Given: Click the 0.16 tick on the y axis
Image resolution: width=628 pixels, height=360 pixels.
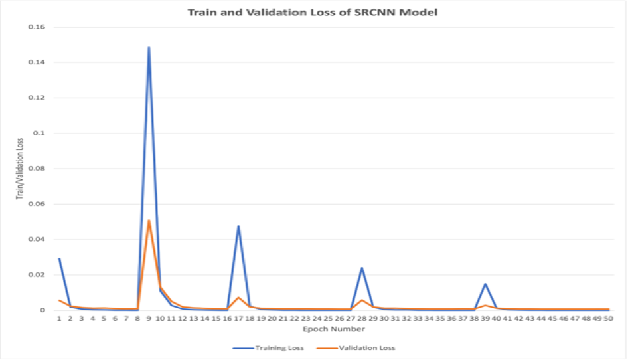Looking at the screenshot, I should [36, 27].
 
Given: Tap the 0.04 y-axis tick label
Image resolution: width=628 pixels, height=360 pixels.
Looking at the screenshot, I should [36, 239].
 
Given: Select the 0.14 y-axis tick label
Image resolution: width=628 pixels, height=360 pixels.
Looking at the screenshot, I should [36, 62].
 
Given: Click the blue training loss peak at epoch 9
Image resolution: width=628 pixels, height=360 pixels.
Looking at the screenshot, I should [149, 48].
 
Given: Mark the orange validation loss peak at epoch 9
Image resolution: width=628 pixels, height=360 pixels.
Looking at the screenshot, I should [149, 221].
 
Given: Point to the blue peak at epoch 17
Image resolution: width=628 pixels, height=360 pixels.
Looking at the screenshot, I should [238, 226].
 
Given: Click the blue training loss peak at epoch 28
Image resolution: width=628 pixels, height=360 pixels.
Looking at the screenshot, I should [362, 268].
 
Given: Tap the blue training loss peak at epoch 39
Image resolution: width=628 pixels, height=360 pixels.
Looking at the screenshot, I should [485, 284].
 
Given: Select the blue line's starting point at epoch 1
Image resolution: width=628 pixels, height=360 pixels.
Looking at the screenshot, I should [59, 258].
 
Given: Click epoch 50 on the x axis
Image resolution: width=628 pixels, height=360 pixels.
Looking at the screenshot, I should [609, 319].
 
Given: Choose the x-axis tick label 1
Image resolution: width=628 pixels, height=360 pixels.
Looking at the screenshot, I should [59, 319].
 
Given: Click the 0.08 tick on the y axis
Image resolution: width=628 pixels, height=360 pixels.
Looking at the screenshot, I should [36, 169].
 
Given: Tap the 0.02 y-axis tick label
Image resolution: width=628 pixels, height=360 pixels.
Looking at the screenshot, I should [36, 274].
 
